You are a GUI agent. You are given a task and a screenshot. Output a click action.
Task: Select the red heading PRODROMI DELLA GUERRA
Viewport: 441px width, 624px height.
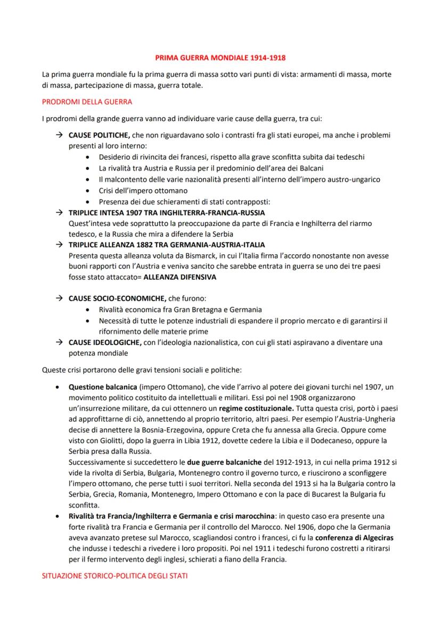(87, 101)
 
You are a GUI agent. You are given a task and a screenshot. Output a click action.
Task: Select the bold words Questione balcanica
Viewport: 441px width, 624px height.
(101, 386)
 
